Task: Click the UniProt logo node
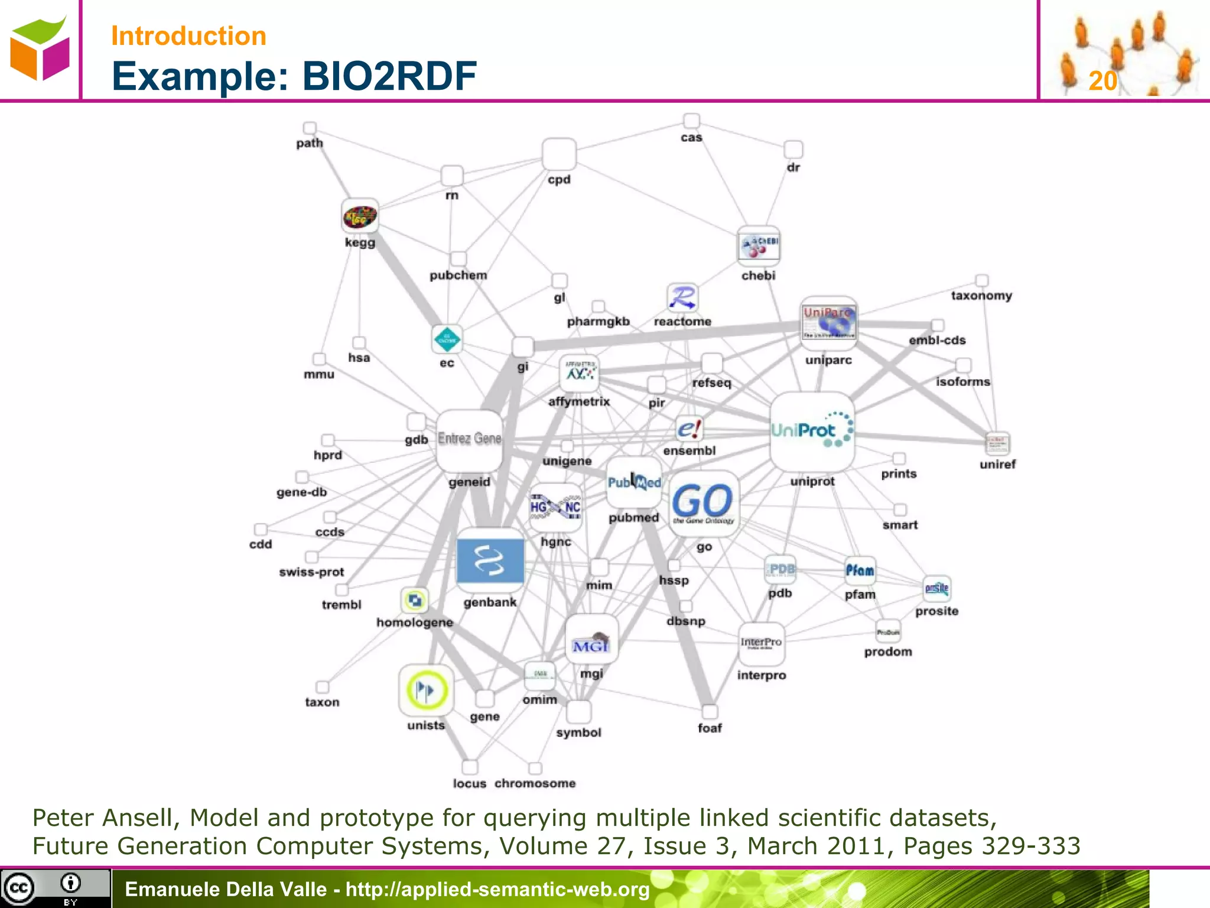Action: pos(812,431)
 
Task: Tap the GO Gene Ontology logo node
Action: pos(702,503)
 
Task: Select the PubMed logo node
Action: pos(634,482)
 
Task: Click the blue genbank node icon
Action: pos(490,560)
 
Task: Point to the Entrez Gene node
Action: pos(469,439)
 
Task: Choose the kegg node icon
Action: pos(360,217)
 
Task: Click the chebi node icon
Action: pos(759,246)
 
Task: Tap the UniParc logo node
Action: pos(828,322)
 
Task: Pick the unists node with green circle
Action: pos(426,690)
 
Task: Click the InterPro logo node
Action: pos(761,643)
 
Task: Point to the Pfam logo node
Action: pos(860,570)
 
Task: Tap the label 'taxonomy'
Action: pos(981,296)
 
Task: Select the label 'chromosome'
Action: pos(535,783)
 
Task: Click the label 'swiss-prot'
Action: pos(311,572)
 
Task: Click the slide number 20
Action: pos(1102,81)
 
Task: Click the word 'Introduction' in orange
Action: pos(188,36)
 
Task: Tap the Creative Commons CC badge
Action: pos(19,888)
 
